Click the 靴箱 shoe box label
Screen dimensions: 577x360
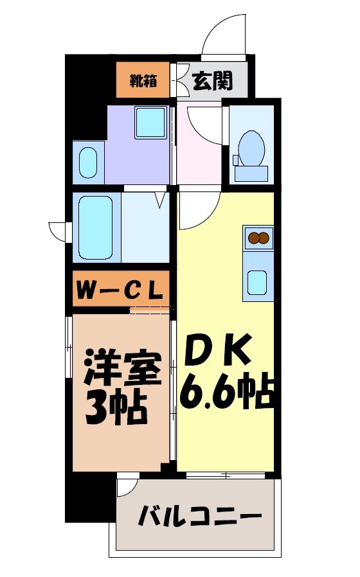coord(143,80)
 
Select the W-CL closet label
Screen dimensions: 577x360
coord(120,290)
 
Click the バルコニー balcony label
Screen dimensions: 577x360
coord(201,516)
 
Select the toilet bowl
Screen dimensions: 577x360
coord(251,147)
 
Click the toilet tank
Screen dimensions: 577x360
coord(251,172)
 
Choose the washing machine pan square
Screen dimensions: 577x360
coord(151,122)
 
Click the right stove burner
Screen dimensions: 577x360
coord(264,238)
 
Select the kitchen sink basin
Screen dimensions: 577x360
coord(257,281)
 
